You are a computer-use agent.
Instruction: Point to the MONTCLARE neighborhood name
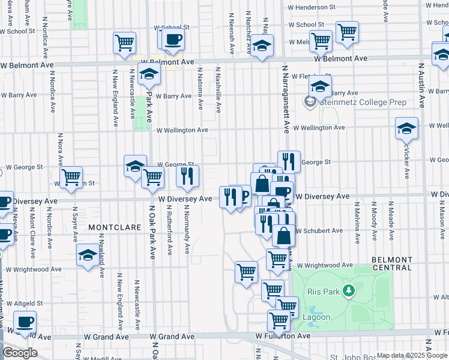coord(115,228)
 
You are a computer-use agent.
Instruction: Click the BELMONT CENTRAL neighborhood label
coord(391,263)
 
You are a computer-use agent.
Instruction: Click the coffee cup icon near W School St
coord(173,39)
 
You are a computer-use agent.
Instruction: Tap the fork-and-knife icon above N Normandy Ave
coord(188,175)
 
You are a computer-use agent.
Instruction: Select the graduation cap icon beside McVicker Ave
coord(406,128)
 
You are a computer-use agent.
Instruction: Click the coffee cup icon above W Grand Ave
coord(25,322)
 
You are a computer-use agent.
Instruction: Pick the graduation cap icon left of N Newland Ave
coord(88,254)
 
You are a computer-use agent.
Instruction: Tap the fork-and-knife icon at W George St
coord(289,161)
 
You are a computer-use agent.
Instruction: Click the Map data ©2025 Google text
coord(411,355)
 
